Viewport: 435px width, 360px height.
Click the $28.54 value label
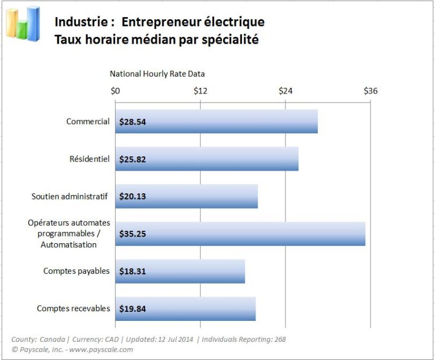(133, 122)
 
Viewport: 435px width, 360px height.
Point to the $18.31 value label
(133, 272)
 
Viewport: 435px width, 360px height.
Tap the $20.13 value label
(133, 197)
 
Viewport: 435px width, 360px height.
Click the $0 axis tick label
(116, 91)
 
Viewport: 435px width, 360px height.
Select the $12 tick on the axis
(201, 91)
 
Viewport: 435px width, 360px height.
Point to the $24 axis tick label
(285, 91)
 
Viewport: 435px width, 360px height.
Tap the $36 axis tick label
(370, 91)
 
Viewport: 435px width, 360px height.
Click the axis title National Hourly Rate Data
(157, 74)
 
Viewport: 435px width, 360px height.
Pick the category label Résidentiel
(89, 159)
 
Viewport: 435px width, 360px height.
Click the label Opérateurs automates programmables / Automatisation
(69, 234)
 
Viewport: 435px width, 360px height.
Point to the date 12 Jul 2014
(172, 339)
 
